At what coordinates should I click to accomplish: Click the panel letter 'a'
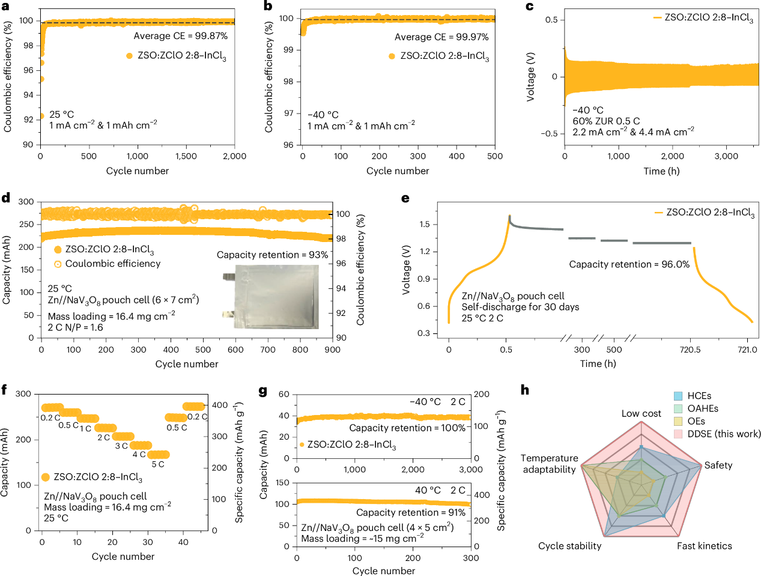coord(6,7)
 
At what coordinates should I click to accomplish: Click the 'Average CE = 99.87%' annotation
coord(180,36)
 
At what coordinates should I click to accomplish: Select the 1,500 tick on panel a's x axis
coord(186,156)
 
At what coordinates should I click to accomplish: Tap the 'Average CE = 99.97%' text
coord(441,37)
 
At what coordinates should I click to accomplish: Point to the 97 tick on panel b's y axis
coord(289,113)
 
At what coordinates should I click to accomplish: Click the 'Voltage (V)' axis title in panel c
coord(530,77)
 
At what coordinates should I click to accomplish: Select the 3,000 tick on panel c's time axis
coord(726,156)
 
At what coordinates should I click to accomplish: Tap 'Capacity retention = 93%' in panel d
coord(272,255)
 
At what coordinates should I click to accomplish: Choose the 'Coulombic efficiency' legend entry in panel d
coord(113,264)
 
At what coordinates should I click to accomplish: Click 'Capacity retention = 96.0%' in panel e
coord(629,264)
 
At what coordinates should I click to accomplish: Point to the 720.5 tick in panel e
coord(690,350)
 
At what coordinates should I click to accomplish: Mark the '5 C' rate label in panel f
coord(158,464)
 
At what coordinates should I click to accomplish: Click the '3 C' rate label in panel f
coord(121,446)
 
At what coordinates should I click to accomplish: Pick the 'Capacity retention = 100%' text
coord(407,428)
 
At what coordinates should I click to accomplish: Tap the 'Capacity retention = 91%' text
coord(411,512)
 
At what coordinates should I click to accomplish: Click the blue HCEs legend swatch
coord(678,396)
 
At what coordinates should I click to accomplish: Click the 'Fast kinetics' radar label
coord(704,546)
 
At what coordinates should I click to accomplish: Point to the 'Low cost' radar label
coord(641,414)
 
